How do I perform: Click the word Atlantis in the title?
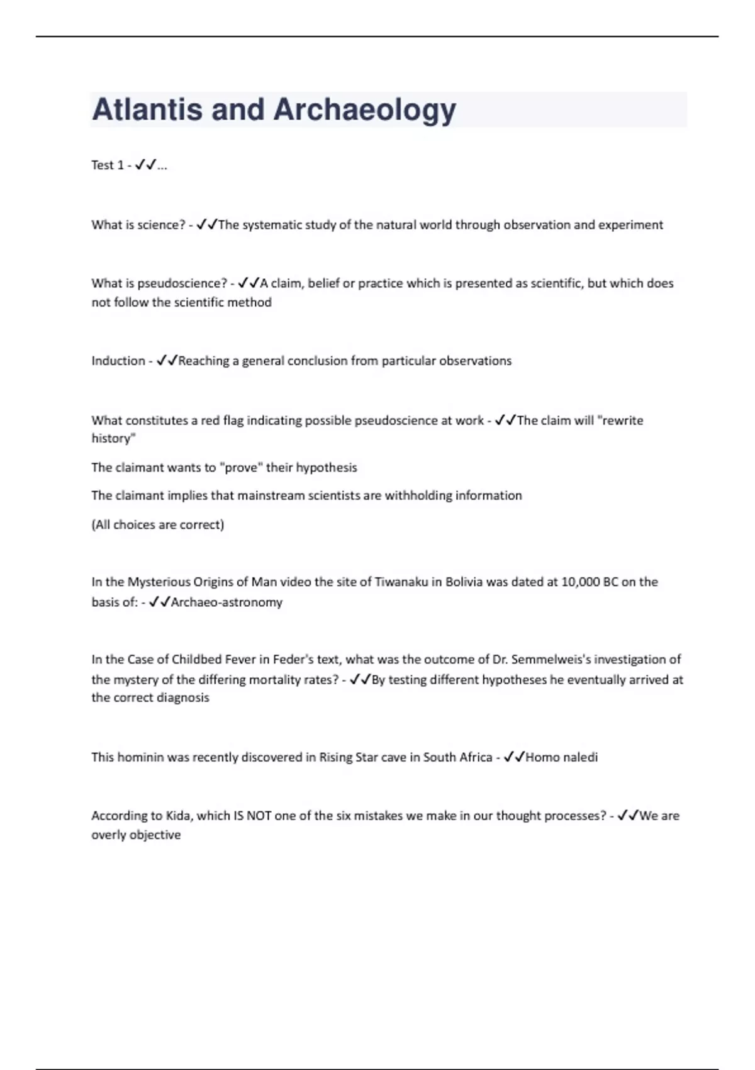point(147,110)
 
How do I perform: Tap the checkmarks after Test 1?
point(145,165)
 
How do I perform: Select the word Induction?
point(118,361)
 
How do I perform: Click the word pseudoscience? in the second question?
point(182,283)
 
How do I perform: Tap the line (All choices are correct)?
point(158,524)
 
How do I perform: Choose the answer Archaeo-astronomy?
point(226,602)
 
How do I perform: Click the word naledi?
point(580,757)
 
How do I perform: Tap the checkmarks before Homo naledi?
point(513,757)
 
